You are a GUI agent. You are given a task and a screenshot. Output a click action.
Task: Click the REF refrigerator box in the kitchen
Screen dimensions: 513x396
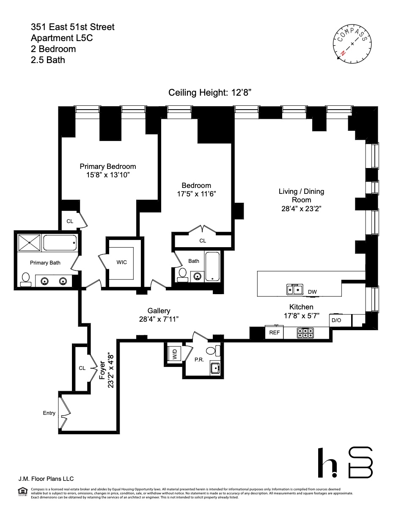[275, 333]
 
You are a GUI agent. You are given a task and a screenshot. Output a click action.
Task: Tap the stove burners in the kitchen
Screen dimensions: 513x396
[305, 333]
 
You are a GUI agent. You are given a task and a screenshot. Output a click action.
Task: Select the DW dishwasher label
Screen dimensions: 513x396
[312, 292]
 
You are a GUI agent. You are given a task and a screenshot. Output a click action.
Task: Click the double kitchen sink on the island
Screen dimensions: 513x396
[294, 290]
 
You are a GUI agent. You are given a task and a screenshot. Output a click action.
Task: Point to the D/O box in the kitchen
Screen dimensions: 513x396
[336, 320]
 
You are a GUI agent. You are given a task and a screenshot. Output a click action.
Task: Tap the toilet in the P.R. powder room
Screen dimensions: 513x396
[213, 350]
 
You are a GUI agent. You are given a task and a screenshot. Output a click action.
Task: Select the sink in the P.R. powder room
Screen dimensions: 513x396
[215, 368]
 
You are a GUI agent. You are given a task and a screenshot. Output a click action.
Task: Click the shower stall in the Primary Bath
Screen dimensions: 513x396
[30, 243]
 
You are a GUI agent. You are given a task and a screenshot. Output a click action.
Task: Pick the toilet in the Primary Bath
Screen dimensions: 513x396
[25, 279]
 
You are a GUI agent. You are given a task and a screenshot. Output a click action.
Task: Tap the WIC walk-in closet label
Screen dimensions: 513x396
[122, 262]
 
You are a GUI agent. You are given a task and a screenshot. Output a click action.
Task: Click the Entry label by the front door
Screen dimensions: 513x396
[49, 413]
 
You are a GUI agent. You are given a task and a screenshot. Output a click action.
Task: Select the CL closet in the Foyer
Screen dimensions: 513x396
[82, 368]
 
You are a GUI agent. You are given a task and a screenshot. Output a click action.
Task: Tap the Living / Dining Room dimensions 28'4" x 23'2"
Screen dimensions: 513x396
[301, 208]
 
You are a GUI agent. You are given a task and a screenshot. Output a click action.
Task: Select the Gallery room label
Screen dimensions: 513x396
[159, 311]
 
